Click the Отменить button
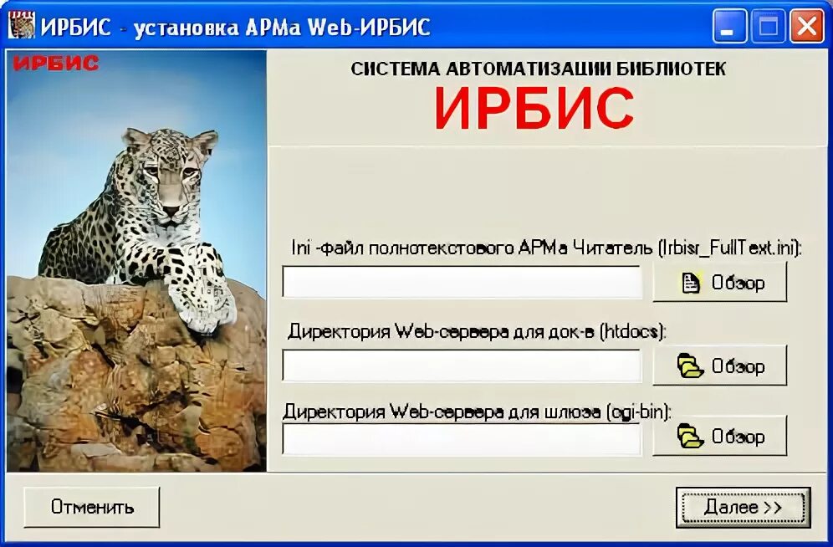coord(92,507)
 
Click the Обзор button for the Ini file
coord(720,282)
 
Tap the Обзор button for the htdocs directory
coord(720,366)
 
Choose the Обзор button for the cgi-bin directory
coord(720,436)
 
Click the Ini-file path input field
coord(462,282)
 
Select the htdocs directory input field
coord(462,366)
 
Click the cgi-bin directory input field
coord(462,438)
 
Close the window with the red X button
coord(806,27)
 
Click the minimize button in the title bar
coord(729,27)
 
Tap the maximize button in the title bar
coord(768,27)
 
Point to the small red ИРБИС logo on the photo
coord(56,64)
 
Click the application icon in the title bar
coord(22,27)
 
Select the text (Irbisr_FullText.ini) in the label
coord(729,248)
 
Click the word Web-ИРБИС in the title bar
coord(369,27)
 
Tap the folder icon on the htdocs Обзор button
coord(690,366)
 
